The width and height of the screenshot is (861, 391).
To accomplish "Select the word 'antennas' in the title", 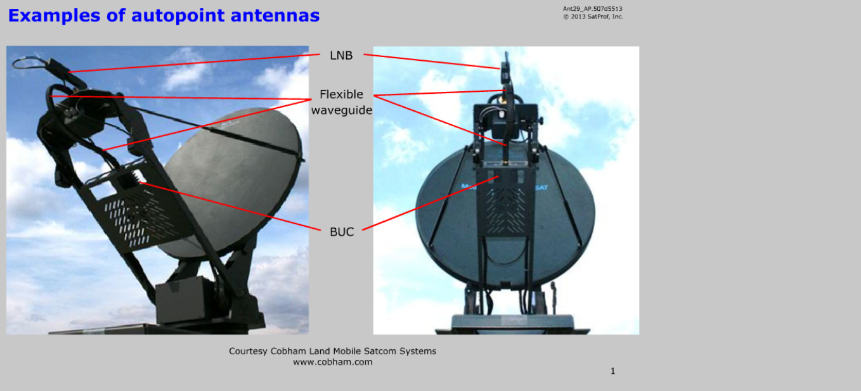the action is pyautogui.click(x=275, y=15).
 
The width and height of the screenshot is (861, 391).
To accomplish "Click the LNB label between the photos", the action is pyautogui.click(x=341, y=55).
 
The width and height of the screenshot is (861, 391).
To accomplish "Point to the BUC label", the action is pyautogui.click(x=342, y=232).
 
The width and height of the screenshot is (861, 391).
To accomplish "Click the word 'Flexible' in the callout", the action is pyautogui.click(x=341, y=94).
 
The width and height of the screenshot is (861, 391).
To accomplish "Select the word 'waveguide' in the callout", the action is pyautogui.click(x=342, y=110).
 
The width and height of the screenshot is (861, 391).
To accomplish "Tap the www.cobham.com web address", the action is pyautogui.click(x=332, y=362).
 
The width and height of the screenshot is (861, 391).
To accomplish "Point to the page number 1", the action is pyautogui.click(x=612, y=371).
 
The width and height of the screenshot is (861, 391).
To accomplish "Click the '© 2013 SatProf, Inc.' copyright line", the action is pyautogui.click(x=593, y=16).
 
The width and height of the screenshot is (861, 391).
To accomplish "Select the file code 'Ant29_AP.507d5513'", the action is pyautogui.click(x=592, y=8).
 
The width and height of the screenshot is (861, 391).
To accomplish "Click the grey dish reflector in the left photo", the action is pyautogui.click(x=235, y=181).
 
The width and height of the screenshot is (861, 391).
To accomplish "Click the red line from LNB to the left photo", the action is pyautogui.click(x=195, y=63).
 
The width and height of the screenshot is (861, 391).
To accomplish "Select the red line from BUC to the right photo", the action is pyautogui.click(x=430, y=203).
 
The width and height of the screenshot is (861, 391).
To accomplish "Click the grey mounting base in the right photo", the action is pyautogui.click(x=512, y=323).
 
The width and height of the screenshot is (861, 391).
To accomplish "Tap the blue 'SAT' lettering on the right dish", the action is pyautogui.click(x=541, y=188).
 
